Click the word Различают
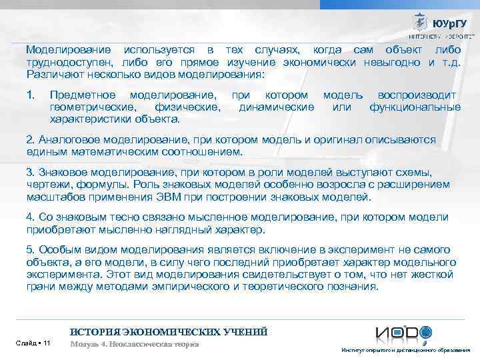(50, 75)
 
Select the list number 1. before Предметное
(30, 95)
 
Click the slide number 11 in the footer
(45, 343)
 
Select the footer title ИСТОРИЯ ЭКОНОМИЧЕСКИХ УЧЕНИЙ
(169, 331)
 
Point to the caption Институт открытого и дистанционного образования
(405, 351)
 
